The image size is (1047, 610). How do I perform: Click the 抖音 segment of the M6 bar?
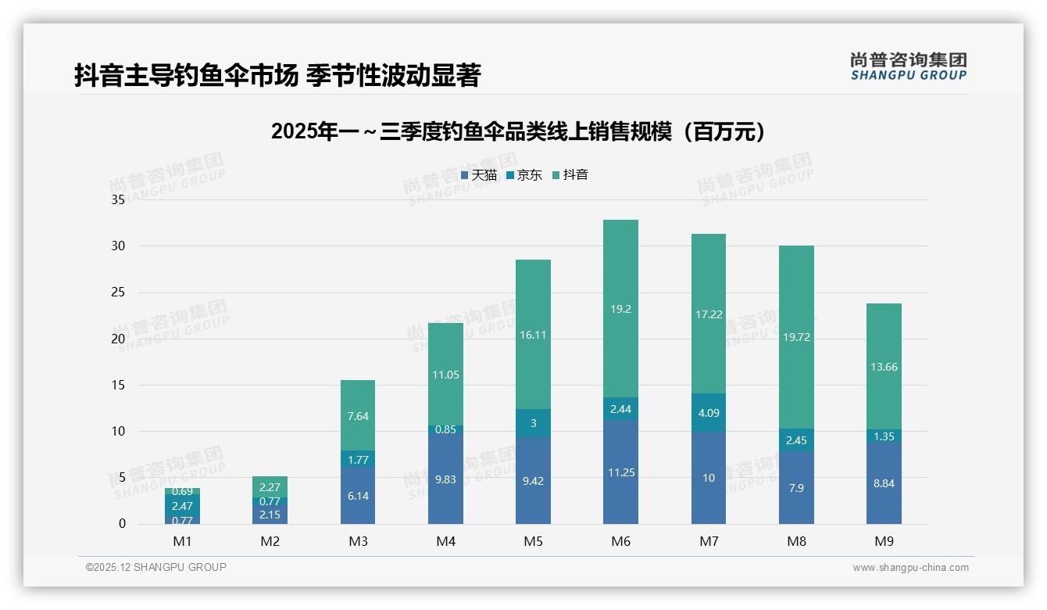pyautogui.click(x=620, y=328)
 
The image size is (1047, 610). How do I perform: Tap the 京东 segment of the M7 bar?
pyautogui.click(x=708, y=412)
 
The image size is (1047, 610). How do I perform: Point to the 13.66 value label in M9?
pyautogui.click(x=884, y=367)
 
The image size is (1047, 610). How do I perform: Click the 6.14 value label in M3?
pyautogui.click(x=358, y=497)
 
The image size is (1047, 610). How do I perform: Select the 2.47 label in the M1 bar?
pyautogui.click(x=182, y=506)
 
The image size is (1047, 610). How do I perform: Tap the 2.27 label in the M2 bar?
pyautogui.click(x=270, y=487)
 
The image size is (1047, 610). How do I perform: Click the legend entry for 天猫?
pyautogui.click(x=479, y=175)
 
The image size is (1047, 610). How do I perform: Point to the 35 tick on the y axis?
pyautogui.click(x=118, y=199)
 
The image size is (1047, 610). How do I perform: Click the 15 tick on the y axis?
pyautogui.click(x=118, y=385)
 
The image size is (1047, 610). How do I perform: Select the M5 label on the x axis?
pyautogui.click(x=533, y=541)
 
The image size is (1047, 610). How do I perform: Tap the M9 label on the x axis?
pyautogui.click(x=884, y=541)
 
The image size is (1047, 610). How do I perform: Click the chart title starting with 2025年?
pyautogui.click(x=517, y=131)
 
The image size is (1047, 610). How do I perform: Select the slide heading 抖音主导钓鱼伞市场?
pyautogui.click(x=277, y=75)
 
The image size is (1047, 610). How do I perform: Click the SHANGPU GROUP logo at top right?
pyautogui.click(x=908, y=66)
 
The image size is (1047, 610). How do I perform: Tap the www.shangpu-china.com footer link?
pyautogui.click(x=910, y=568)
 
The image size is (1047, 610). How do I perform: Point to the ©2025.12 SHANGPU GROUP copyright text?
pyautogui.click(x=156, y=567)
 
